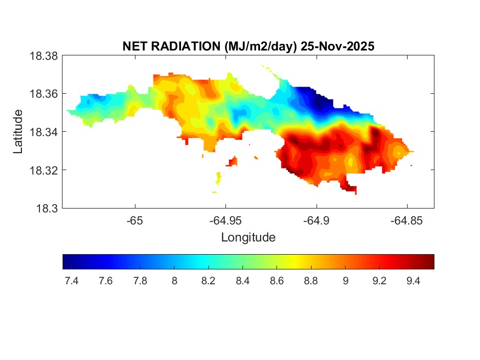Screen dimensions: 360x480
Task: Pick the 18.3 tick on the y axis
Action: tap(46, 208)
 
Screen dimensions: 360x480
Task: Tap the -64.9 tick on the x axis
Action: tap(315, 221)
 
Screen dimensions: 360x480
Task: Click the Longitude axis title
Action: tap(248, 238)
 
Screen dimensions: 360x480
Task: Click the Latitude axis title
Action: tap(19, 132)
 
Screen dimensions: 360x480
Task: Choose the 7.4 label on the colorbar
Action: tap(71, 281)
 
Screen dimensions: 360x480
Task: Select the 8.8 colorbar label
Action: tap(310, 281)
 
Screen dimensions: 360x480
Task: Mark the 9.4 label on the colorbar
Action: tap(413, 281)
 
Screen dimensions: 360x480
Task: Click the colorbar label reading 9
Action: tap(345, 281)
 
